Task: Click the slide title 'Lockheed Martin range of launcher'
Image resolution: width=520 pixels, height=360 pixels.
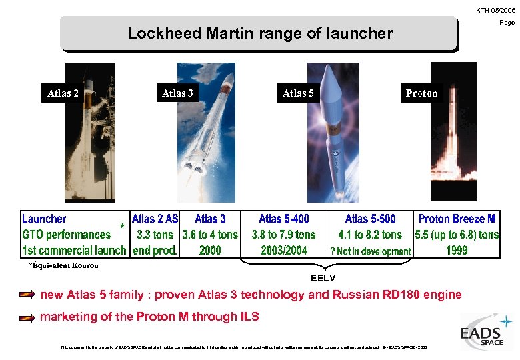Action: click(x=260, y=33)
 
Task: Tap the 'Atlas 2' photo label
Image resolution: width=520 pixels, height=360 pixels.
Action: click(x=63, y=93)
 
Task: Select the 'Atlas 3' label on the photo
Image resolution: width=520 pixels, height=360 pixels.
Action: click(x=178, y=93)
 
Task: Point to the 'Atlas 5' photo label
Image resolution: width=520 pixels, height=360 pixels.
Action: click(x=298, y=93)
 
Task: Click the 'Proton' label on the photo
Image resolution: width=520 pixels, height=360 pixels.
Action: click(x=422, y=93)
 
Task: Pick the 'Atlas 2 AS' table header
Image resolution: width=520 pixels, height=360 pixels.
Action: click(x=155, y=219)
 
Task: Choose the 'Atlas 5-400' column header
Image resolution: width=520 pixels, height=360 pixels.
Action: click(x=284, y=219)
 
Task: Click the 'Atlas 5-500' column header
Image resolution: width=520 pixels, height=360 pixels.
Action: click(x=370, y=219)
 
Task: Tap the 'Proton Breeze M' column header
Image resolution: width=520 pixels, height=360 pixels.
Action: click(x=457, y=219)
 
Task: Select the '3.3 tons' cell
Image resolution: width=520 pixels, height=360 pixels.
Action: click(x=155, y=235)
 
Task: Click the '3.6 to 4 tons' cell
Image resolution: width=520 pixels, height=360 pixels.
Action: click(x=210, y=235)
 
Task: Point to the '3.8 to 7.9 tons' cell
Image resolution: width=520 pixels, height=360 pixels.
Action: click(x=284, y=235)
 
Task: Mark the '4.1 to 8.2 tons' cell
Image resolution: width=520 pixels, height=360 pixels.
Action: click(x=370, y=235)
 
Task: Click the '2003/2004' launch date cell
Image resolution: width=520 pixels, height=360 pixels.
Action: click(x=284, y=251)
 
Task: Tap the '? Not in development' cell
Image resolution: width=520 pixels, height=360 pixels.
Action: click(x=370, y=251)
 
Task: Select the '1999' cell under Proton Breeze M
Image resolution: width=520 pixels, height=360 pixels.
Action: click(x=457, y=251)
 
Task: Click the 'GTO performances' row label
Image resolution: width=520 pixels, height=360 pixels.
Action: click(x=66, y=235)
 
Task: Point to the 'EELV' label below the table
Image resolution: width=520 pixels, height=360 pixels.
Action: click(x=323, y=277)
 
